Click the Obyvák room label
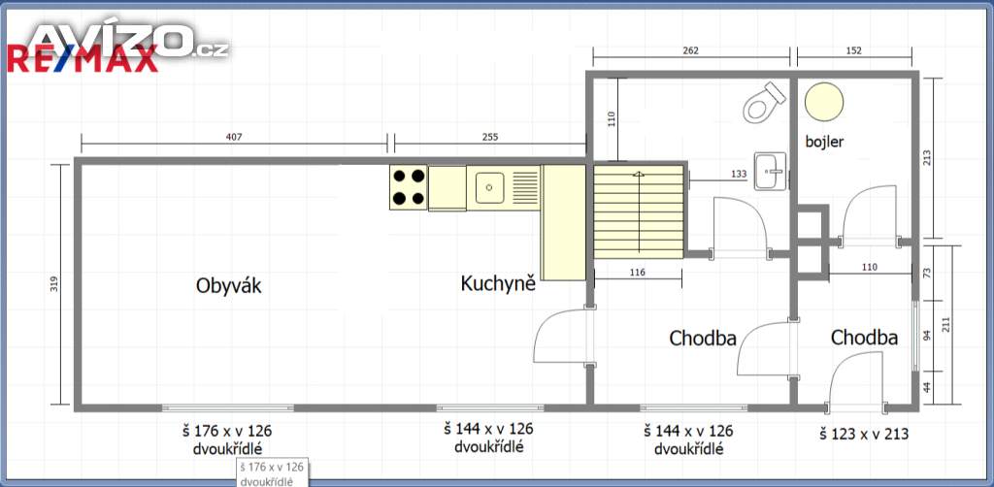pos(229,286)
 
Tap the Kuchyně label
pos(498,283)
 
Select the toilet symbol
pos(763,102)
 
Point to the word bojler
pos(824,142)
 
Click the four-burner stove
pos(409,187)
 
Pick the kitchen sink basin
pos(489,187)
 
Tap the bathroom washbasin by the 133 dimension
pos(771,171)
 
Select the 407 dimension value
pos(235,136)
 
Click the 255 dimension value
pos(490,136)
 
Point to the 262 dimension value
pos(691,51)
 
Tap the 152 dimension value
pos(854,51)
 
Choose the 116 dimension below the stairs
pos(638,273)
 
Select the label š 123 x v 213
pos(864,435)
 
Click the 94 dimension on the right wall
pos(926,335)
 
